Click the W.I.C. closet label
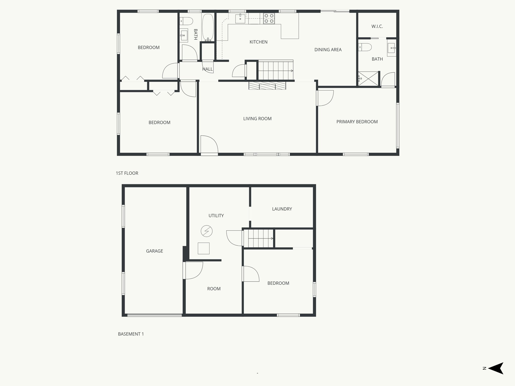(x=377, y=26)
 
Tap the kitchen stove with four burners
(x=269, y=19)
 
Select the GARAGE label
(x=154, y=251)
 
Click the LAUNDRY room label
(x=282, y=209)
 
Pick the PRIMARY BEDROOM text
(x=357, y=122)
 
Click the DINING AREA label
(x=328, y=50)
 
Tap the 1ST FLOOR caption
(x=127, y=173)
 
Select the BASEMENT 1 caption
(x=131, y=334)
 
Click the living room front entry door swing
(x=209, y=144)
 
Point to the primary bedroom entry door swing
(x=325, y=98)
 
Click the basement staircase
(x=261, y=238)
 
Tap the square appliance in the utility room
(x=203, y=248)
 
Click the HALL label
(x=207, y=69)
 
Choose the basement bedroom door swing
(x=250, y=274)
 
